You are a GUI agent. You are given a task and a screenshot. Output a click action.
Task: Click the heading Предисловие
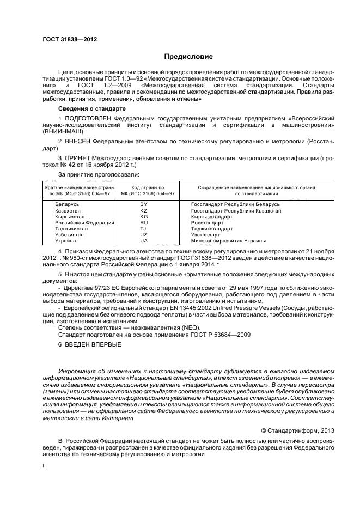(x=189, y=57)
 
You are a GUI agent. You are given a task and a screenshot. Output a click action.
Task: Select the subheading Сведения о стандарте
(x=87, y=109)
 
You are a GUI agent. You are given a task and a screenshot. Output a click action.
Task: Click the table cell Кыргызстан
(x=71, y=216)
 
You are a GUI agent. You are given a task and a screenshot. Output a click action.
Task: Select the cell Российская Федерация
(x=84, y=222)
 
